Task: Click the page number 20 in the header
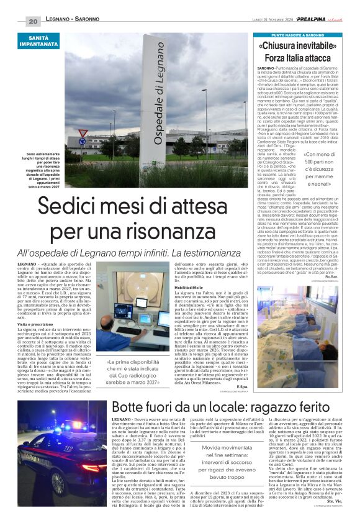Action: pos(33,21)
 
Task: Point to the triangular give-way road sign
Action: pos(83,133)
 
